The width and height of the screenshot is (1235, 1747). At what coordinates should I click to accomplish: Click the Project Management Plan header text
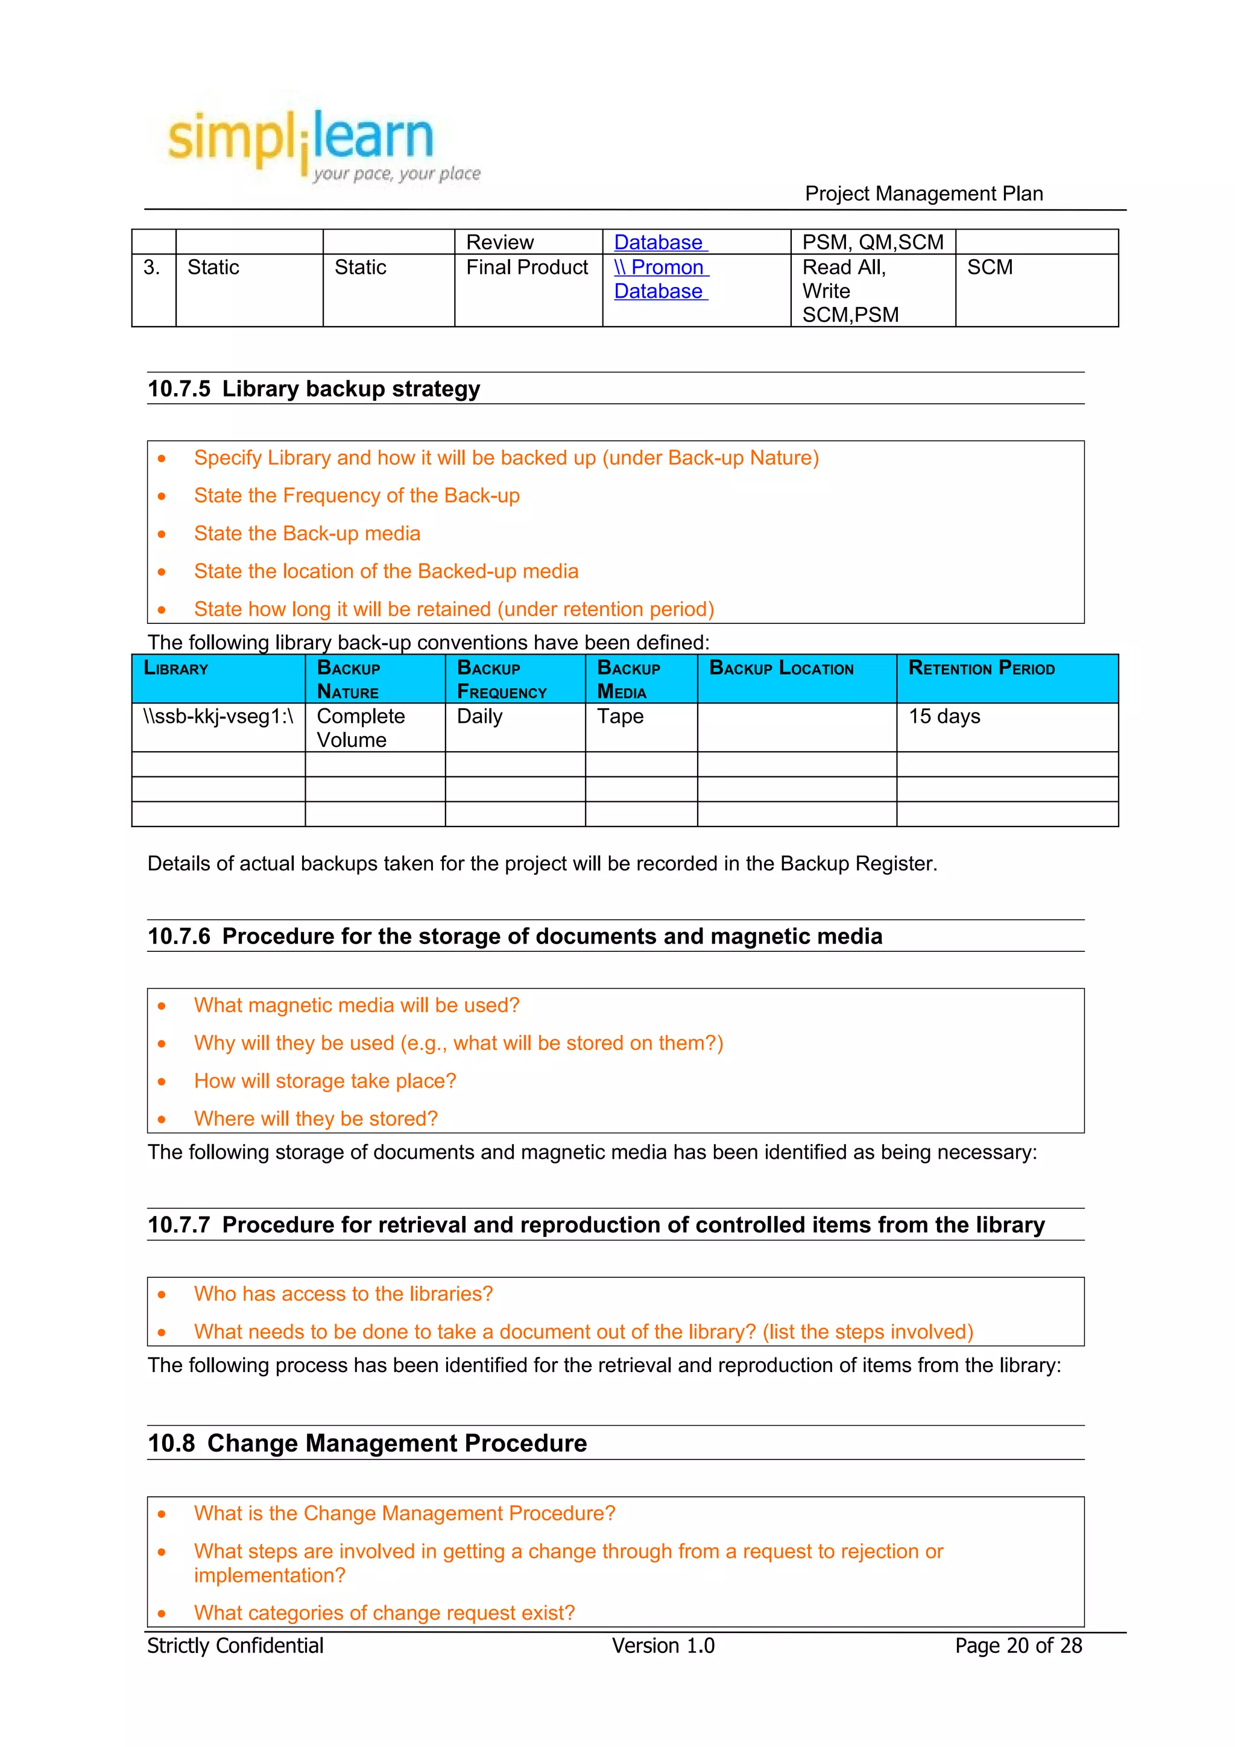point(923,194)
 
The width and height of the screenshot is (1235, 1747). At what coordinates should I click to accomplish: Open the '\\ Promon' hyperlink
point(660,267)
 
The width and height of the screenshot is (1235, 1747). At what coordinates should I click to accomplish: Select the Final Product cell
point(526,267)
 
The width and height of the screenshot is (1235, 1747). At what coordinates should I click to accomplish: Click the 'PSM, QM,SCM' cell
point(872,242)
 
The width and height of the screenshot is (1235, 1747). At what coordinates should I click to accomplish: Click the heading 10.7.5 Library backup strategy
point(314,389)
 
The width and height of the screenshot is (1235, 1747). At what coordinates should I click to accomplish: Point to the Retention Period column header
point(981,669)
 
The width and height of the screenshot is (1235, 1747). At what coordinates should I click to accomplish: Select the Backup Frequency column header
point(502,679)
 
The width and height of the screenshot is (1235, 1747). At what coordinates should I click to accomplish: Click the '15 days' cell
point(944,716)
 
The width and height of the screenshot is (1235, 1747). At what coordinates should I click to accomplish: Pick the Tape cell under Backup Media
point(619,716)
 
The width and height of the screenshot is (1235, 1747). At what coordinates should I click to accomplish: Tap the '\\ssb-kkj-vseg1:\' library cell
point(218,717)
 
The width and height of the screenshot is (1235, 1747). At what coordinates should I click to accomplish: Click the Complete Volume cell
point(360,728)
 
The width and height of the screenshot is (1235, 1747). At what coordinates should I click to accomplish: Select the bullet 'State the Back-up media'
point(307,534)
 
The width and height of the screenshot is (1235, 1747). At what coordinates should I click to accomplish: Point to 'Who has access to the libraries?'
point(343,1294)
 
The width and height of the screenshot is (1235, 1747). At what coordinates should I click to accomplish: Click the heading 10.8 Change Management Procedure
point(367,1443)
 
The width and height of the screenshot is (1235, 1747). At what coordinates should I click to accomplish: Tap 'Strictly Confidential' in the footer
point(235,1646)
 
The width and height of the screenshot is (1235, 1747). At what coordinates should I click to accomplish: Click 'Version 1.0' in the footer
point(663,1646)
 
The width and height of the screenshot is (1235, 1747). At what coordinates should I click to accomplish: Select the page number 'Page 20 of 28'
point(1017,1646)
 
